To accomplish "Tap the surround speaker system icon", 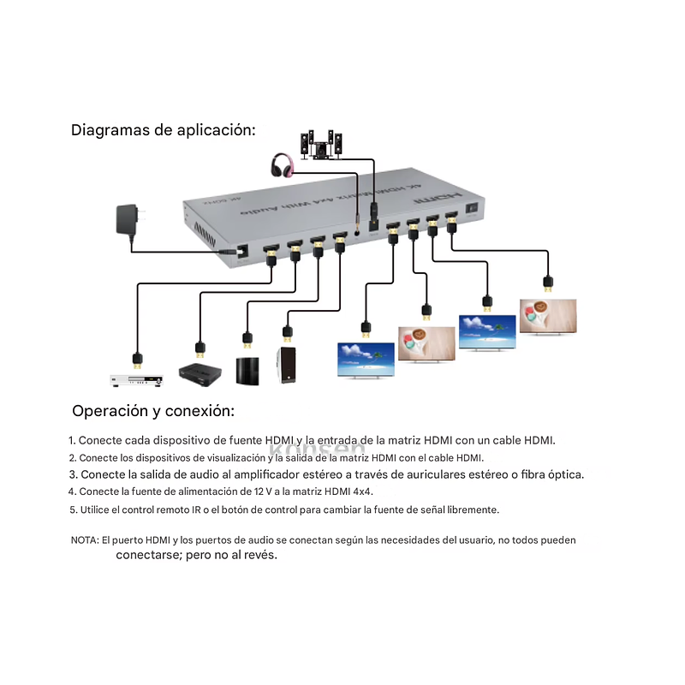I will (321, 145).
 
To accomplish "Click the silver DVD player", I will (135, 378).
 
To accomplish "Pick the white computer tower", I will (286, 366).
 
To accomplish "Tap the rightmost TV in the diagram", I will (548, 317).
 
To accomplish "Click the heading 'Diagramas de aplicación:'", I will (164, 130).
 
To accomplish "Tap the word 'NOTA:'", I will (84, 540).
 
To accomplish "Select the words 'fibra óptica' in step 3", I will (552, 474).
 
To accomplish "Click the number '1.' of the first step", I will (73, 440).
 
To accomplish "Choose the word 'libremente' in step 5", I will (472, 509).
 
